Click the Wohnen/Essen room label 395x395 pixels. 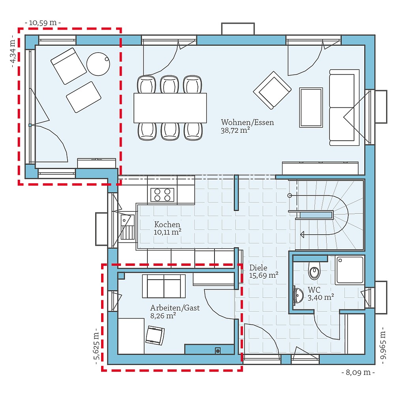247,122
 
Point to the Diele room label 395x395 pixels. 258,267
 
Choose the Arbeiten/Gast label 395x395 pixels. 175,308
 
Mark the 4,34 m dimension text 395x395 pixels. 13,51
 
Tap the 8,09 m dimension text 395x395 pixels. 358,372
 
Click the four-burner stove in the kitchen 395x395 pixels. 162,195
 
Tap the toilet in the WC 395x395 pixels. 314,271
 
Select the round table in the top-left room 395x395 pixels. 98,64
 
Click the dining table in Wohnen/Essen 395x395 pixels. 170,108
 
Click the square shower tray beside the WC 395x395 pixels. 349,270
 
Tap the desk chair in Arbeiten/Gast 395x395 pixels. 155,335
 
